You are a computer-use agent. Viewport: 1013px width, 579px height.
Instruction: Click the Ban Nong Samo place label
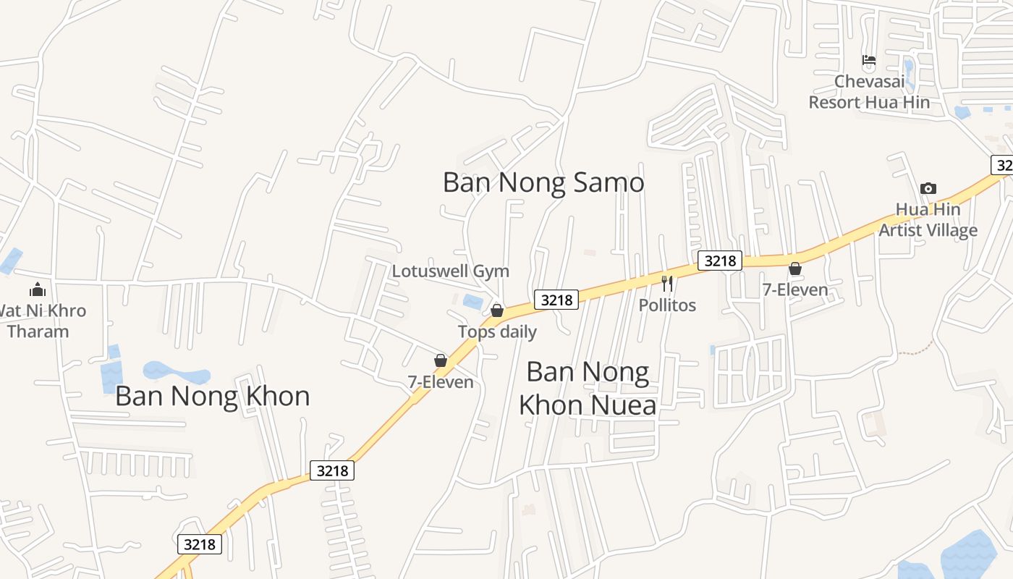543,182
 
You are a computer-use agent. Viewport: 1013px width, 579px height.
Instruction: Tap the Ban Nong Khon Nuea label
588,389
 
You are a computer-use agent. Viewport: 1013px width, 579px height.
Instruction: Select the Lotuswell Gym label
450,271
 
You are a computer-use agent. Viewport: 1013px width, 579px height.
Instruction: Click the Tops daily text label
497,332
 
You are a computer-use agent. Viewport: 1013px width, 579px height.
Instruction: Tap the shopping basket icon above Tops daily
497,310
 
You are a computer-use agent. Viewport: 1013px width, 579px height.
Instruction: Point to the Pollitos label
667,305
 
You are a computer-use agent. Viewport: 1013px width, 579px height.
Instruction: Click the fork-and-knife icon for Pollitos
667,284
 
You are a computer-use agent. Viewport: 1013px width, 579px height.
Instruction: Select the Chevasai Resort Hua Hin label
868,92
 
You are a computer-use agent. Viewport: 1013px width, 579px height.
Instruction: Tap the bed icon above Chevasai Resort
868,60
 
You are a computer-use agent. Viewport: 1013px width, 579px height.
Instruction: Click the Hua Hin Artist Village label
928,220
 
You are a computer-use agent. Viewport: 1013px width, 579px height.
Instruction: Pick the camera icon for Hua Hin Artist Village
928,189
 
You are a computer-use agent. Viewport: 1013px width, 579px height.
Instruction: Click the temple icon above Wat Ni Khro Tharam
38,290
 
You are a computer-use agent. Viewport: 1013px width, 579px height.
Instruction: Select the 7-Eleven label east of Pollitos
794,290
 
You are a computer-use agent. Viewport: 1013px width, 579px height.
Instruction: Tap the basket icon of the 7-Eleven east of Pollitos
794,269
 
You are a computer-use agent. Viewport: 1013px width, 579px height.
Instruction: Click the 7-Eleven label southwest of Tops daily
441,382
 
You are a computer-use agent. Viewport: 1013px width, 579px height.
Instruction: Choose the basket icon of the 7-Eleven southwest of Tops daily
440,360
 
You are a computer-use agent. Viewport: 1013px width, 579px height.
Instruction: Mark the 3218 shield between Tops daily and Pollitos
556,300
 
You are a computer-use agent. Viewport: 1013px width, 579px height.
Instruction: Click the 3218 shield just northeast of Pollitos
720,261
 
